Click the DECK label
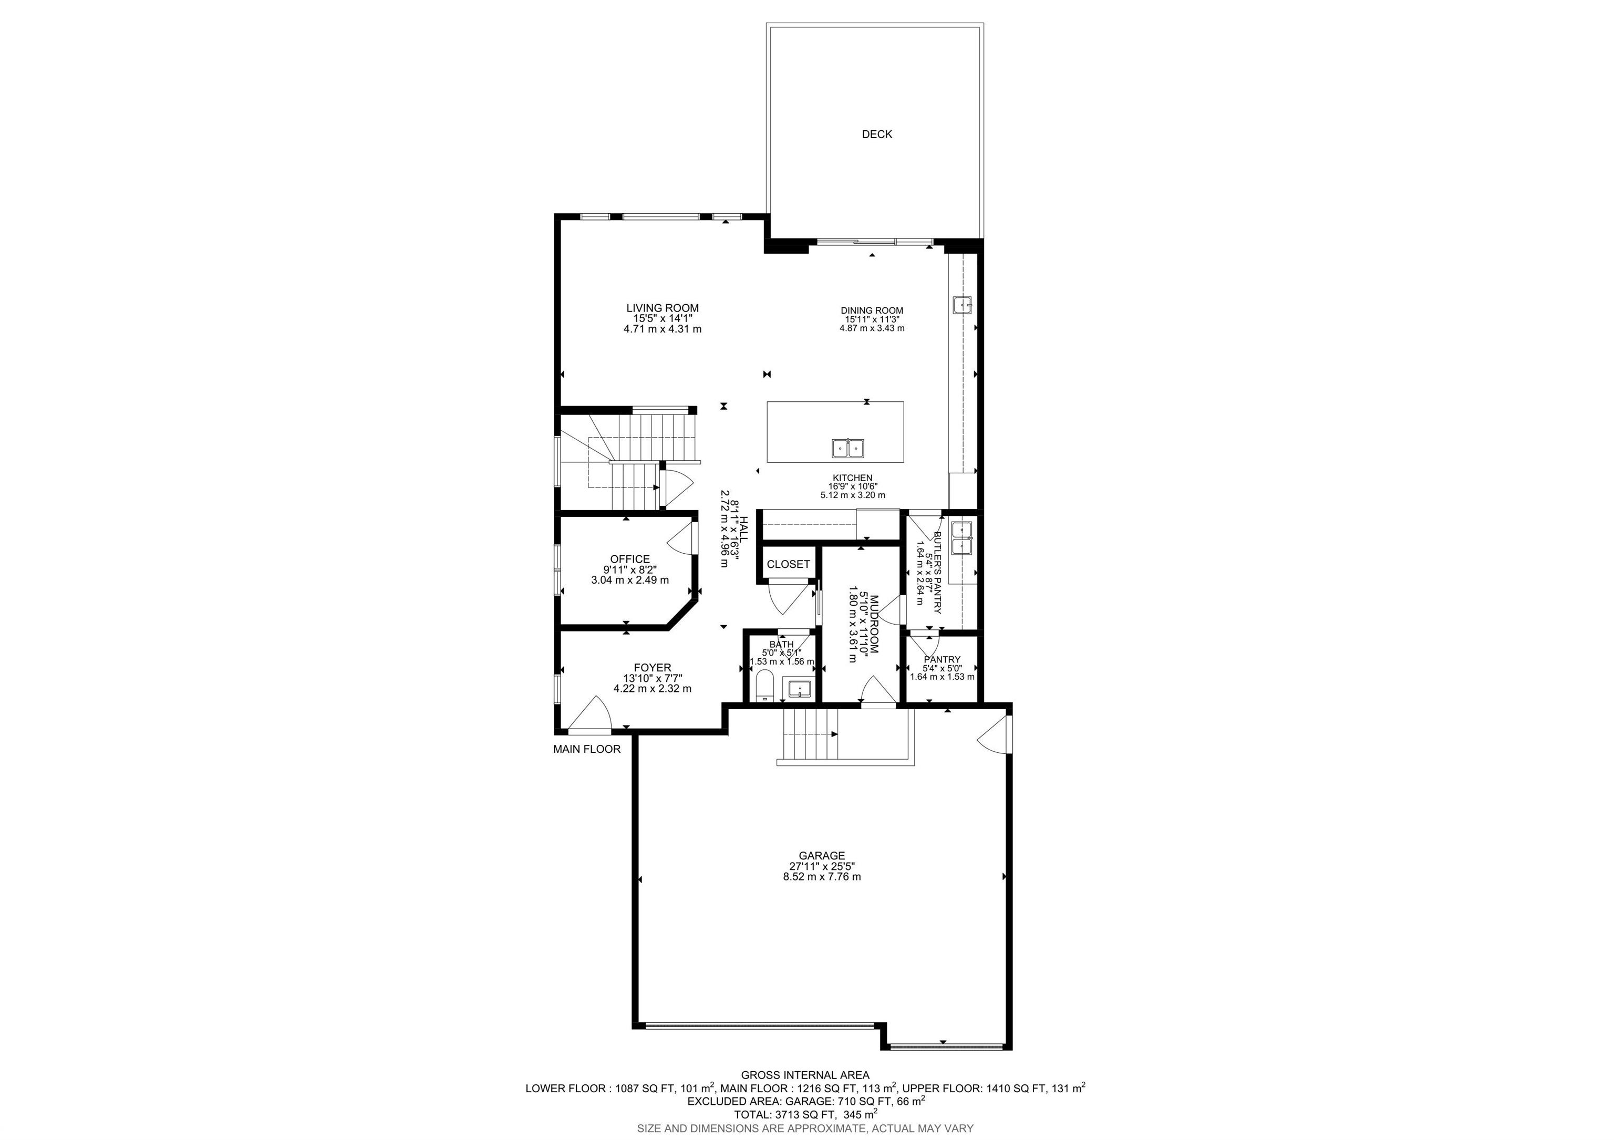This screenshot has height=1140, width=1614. click(876, 134)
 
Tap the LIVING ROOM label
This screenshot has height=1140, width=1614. click(662, 308)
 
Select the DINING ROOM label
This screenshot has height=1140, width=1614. click(872, 310)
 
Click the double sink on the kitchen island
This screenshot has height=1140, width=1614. click(848, 448)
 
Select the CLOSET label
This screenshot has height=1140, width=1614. click(788, 564)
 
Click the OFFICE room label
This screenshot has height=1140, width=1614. click(630, 559)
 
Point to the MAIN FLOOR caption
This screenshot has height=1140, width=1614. click(586, 749)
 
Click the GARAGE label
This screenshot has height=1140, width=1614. click(822, 855)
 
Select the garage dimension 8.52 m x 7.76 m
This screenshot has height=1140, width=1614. click(822, 877)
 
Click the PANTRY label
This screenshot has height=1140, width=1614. click(942, 659)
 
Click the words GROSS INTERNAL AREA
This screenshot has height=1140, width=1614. click(805, 1075)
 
